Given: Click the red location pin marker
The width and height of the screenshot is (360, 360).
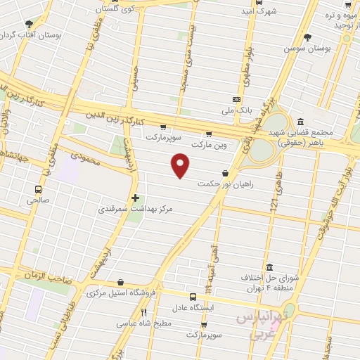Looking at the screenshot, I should (181, 165).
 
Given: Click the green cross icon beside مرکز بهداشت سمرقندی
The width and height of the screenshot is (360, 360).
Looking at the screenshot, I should (136, 198).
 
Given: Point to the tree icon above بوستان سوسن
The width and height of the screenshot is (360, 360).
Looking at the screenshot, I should (307, 37).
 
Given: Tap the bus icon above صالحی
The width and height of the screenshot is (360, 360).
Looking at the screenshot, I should (37, 188).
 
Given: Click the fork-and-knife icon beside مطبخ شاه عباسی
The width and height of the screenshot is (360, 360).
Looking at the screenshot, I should (143, 312).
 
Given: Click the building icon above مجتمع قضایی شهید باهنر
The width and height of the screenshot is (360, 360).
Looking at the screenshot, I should (300, 121).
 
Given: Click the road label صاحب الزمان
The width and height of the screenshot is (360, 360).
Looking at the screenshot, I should (51, 278).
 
